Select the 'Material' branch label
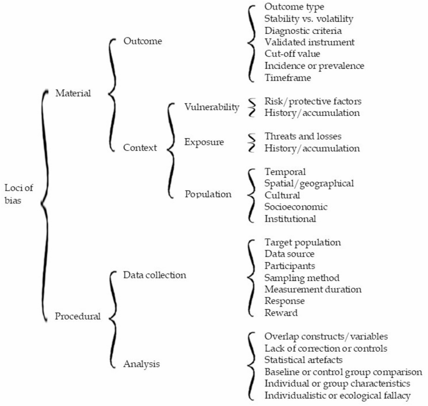[74, 93]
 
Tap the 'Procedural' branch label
[77, 316]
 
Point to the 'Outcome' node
[143, 41]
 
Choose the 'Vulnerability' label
[212, 107]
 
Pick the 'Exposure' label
[204, 142]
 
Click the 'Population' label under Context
[208, 194]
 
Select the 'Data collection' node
[154, 275]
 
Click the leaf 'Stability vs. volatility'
[309, 18]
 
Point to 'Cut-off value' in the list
[292, 54]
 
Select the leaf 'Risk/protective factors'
[313, 101]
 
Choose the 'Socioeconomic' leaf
[296, 206]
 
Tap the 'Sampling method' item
[302, 277]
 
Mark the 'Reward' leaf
[281, 313]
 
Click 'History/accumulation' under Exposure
[312, 148]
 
